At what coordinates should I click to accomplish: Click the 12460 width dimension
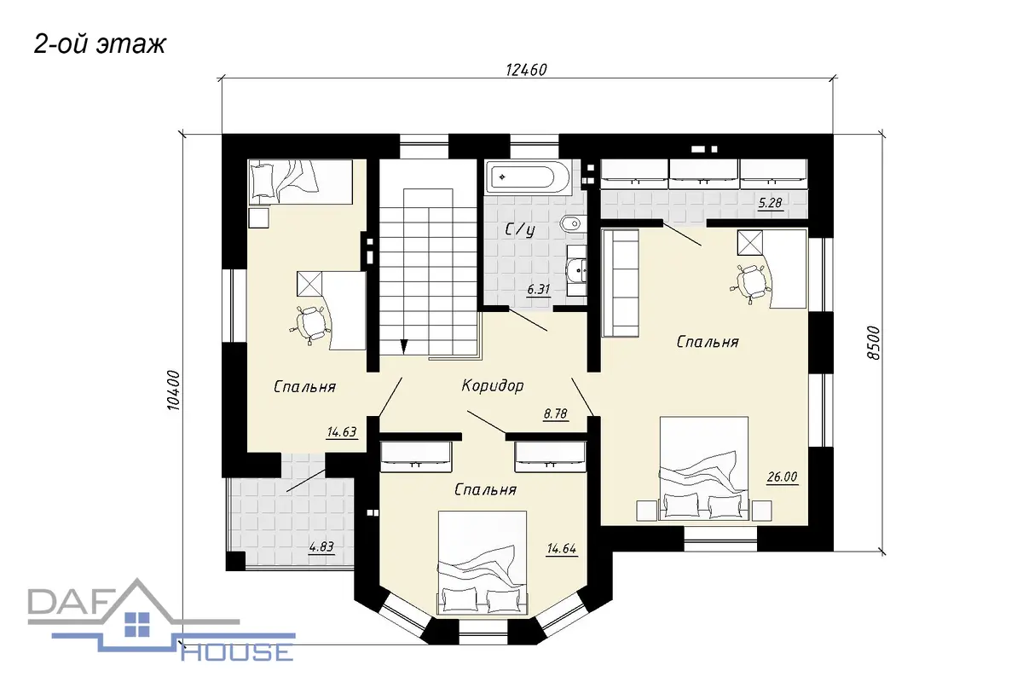pos(526,70)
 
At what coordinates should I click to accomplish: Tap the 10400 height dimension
pos(174,390)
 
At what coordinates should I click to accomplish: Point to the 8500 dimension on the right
pos(873,343)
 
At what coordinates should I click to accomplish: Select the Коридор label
pos(493,385)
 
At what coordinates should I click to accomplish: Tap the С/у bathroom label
pos(520,230)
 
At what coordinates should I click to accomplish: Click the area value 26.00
pos(783,477)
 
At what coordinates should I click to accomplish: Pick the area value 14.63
pos(342,431)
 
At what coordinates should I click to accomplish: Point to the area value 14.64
pos(562,549)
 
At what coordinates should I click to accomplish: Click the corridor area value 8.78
pos(555,413)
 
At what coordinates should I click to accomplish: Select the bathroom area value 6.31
pos(539,289)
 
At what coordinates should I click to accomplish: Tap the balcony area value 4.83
pos(321,546)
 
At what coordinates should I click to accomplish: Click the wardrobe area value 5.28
pos(771,202)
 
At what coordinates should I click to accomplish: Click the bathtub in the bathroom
pos(527,176)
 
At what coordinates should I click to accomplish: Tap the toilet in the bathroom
pos(570,224)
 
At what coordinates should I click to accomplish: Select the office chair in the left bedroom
pos(310,324)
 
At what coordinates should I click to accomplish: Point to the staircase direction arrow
pos(404,346)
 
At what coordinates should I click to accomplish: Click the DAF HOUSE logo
pos(161,622)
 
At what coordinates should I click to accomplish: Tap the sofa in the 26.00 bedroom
pos(621,283)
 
